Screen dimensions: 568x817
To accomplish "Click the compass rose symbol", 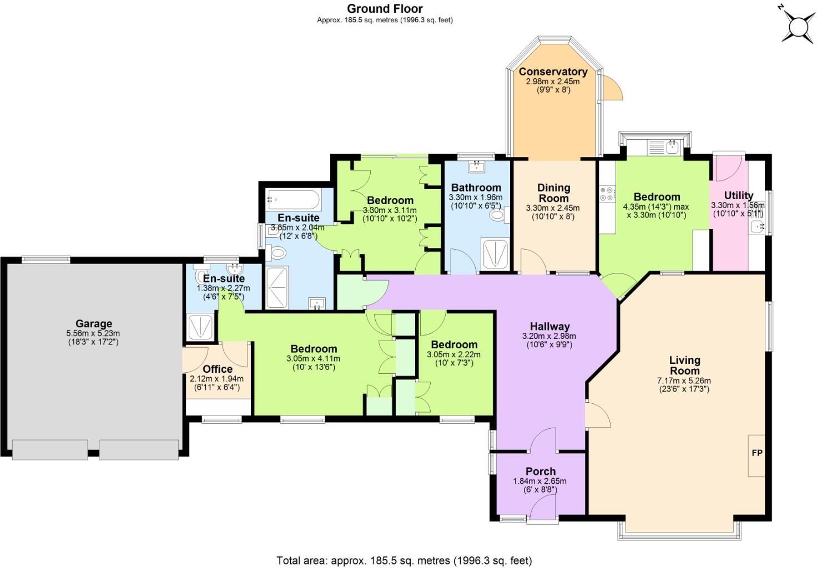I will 798,26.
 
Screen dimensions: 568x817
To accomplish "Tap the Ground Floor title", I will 385,8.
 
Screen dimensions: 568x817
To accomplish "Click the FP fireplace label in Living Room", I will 757,453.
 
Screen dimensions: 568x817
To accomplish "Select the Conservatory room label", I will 553,72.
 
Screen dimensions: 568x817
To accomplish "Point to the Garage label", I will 94,323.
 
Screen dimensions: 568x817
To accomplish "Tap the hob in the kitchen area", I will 606,193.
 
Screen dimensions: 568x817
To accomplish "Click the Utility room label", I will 739,195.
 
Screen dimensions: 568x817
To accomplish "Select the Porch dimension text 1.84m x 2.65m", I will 540,481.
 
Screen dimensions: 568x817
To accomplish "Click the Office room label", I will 218,369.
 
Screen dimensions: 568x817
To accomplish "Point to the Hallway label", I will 549,326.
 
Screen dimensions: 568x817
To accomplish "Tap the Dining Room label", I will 553,193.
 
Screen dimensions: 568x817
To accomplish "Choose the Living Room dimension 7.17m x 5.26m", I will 684,381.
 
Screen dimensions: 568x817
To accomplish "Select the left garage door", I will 50,449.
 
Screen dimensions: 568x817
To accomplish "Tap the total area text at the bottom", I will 404,560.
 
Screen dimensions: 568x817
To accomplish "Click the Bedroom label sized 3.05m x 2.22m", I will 453,344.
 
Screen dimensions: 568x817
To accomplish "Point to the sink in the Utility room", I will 757,226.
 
